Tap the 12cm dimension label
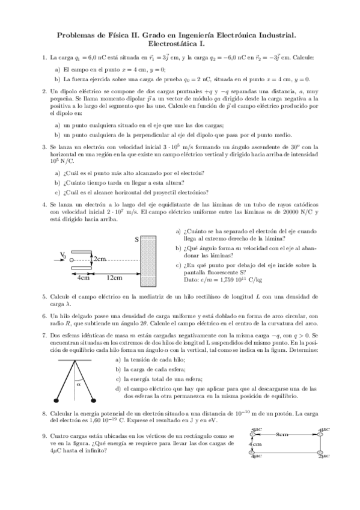point(114,277)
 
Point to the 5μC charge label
point(257,428)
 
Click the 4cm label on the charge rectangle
point(255,444)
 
